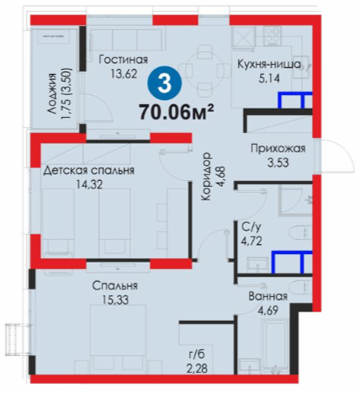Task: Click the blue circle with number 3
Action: pyautogui.click(x=165, y=83)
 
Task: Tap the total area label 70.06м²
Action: pyautogui.click(x=177, y=112)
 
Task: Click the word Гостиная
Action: pyautogui.click(x=124, y=60)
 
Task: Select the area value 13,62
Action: pyautogui.click(x=124, y=74)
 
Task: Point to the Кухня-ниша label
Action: pyautogui.click(x=269, y=64)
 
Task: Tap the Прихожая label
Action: pyautogui.click(x=278, y=148)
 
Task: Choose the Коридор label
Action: pyautogui.click(x=206, y=177)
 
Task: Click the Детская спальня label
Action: pyautogui.click(x=88, y=170)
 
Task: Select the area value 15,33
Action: pyautogui.click(x=115, y=300)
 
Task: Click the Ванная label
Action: pyautogui.click(x=268, y=296)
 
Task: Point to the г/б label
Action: pyautogui.click(x=198, y=354)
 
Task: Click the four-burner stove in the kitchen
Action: pyautogui.click(x=273, y=35)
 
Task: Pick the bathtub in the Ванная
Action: pyautogui.click(x=274, y=343)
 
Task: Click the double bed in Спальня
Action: pyautogui.click(x=118, y=338)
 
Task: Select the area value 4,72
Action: pyautogui.click(x=251, y=241)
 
